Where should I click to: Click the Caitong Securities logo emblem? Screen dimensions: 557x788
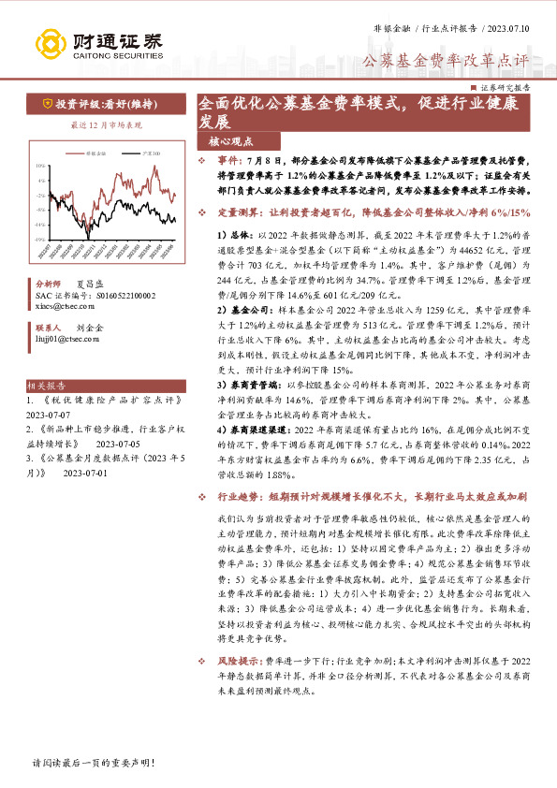[51, 43]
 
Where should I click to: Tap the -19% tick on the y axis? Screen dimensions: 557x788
[39, 241]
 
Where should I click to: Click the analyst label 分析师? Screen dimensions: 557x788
[47, 283]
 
